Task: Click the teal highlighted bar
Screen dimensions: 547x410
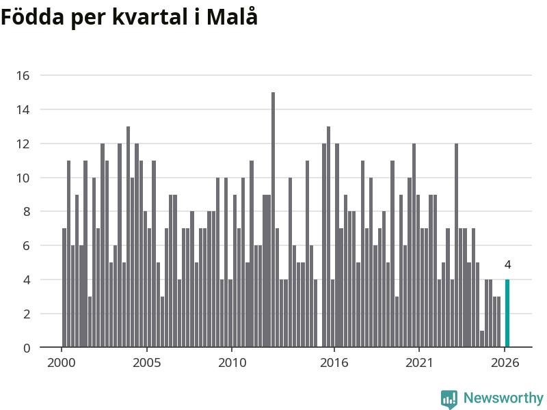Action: (x=507, y=313)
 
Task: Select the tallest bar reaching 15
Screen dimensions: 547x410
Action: (x=273, y=219)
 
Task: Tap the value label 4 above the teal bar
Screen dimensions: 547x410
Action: (x=507, y=265)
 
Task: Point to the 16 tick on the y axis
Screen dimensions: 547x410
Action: (x=23, y=76)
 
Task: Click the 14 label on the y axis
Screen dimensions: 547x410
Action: (x=23, y=110)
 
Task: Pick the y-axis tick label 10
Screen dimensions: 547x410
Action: (x=23, y=178)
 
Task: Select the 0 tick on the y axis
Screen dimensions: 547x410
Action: (x=27, y=348)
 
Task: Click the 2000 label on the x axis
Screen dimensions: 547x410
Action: (x=62, y=363)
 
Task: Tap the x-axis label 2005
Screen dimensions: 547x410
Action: (x=147, y=363)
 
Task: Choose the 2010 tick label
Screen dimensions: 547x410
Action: (x=232, y=363)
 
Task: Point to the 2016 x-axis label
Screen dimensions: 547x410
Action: (x=334, y=363)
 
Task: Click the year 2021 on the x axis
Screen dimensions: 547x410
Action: (x=419, y=363)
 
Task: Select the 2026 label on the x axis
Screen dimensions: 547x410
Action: (x=505, y=363)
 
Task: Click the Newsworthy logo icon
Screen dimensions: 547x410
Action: (x=449, y=399)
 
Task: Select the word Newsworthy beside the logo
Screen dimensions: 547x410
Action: (x=503, y=398)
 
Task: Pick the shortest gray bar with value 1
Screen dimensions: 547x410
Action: (x=482, y=339)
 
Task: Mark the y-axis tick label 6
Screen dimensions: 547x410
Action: (x=27, y=246)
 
